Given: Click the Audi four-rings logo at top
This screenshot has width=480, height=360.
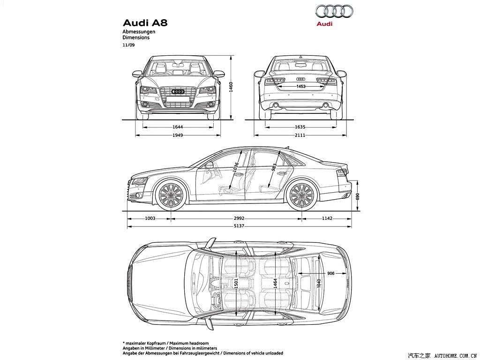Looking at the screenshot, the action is pos(334,12).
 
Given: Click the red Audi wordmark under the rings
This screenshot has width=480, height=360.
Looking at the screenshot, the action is pos(324,24).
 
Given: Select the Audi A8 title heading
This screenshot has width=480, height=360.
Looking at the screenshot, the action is pos(145,23).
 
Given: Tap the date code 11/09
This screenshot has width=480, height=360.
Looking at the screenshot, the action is pos(128,45).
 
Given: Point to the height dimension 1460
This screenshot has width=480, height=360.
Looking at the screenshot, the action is pos(231,87).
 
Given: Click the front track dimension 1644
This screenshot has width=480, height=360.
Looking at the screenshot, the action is pos(178,127).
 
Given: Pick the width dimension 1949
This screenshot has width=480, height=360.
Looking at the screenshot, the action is pos(178,135).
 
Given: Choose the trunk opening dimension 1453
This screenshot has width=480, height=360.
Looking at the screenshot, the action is pos(301,86).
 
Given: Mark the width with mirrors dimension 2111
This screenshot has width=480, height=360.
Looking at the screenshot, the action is pos(300,135).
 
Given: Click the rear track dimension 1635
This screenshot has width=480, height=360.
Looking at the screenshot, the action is pos(300,127).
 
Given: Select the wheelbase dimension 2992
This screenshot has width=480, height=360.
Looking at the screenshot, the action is pos(239,218).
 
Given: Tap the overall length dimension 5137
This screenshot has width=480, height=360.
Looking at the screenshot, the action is pos(239,226).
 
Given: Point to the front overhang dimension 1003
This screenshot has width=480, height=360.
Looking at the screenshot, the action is pos(150,218).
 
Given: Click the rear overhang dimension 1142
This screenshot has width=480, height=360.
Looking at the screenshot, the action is pos(327,218).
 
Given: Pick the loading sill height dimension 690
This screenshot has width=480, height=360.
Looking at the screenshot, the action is pos(358,196).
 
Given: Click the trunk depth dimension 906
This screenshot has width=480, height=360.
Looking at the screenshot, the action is pos(330,273).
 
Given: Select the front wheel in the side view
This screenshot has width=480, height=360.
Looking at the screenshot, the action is pos(171,195).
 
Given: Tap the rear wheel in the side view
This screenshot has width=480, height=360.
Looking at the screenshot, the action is pos(301,195).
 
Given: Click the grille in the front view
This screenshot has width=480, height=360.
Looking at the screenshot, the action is pos(178,97).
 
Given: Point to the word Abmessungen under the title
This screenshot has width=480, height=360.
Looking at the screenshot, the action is pos(139,31).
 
